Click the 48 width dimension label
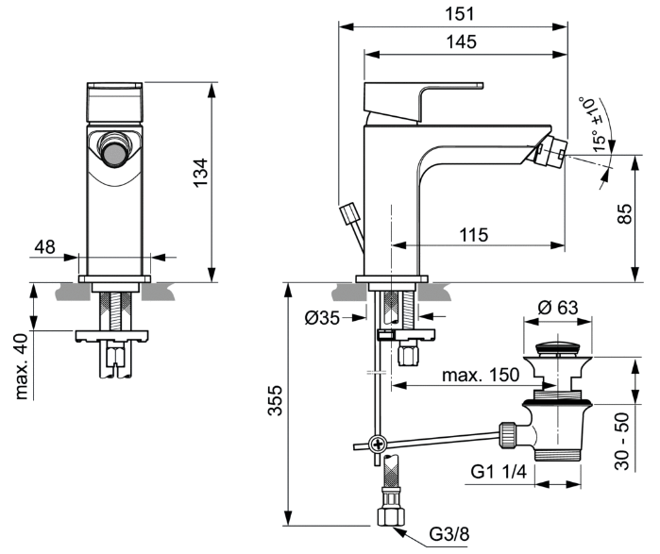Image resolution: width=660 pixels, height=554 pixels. pos(44,246)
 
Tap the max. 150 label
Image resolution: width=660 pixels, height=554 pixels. pos(481,375)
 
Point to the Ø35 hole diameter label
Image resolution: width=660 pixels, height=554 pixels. pos(322,318)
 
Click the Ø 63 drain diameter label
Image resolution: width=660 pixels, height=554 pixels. pos(557,307)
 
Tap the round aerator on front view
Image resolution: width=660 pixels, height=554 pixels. pos(113,152)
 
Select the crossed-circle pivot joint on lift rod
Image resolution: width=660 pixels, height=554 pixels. pos(378,444)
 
